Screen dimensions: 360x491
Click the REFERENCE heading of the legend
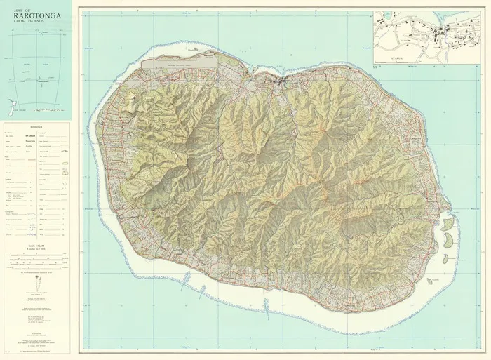(x=35, y=128)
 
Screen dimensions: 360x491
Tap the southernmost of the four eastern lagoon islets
(x=434, y=280)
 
